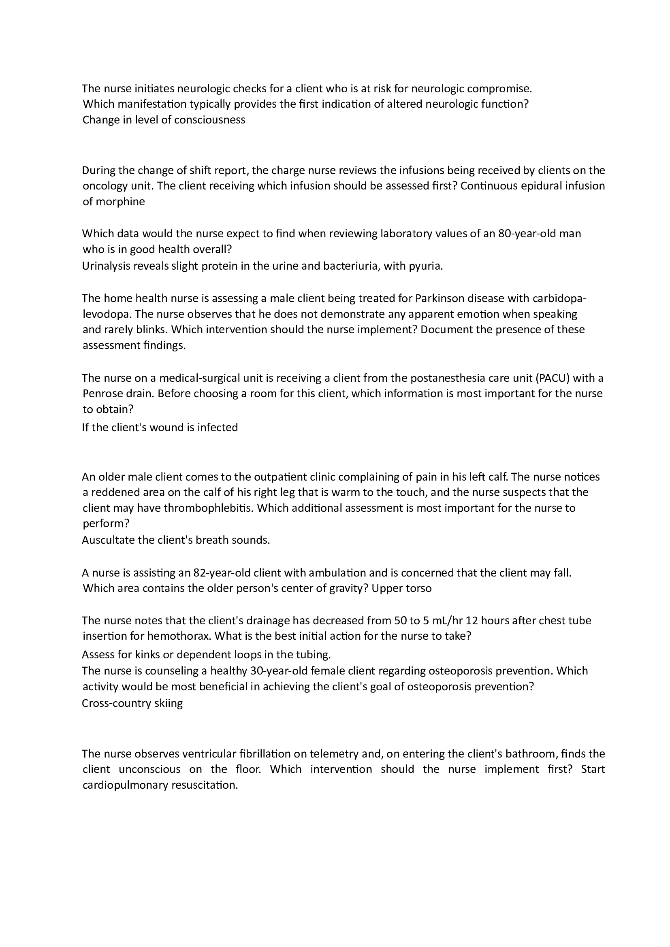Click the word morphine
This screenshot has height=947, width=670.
(120, 202)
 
